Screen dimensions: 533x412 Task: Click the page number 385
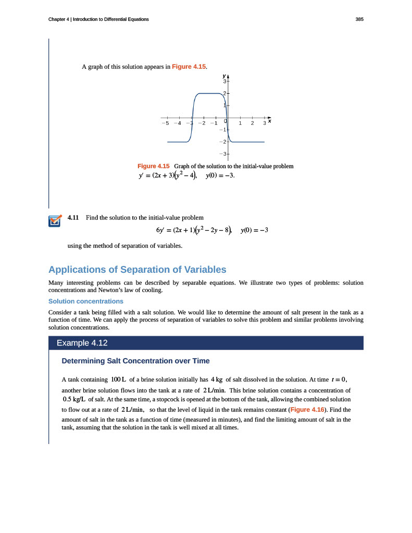tap(359, 19)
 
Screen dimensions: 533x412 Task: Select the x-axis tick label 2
tap(252, 123)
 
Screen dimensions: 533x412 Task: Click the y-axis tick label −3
tap(222, 154)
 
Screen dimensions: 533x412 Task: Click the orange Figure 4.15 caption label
tap(154, 166)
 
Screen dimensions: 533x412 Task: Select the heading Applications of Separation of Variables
tap(137, 270)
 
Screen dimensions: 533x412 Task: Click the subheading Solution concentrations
tap(85, 301)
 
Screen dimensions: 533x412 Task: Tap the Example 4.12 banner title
tap(82, 343)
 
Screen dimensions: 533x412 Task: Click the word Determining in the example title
tap(83, 361)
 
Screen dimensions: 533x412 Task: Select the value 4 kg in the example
tap(217, 379)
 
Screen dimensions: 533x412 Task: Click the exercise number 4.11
tap(73, 217)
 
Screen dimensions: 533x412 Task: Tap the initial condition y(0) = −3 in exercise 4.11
tap(254, 230)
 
